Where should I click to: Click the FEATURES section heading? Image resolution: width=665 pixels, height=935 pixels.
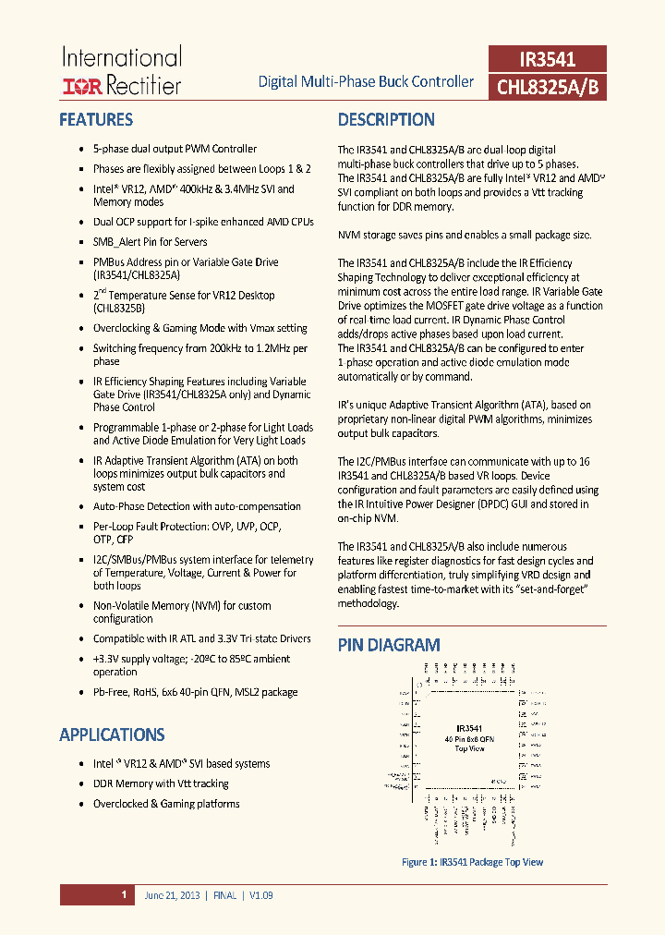pyautogui.click(x=96, y=119)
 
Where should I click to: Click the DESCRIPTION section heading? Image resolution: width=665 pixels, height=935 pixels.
pyautogui.click(x=386, y=119)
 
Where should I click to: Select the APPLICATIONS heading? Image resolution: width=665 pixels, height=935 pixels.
pyautogui.click(x=112, y=735)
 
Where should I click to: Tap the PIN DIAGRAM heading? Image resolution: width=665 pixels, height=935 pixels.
pyautogui.click(x=388, y=645)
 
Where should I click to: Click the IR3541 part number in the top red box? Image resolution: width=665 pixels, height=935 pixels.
pyautogui.click(x=547, y=60)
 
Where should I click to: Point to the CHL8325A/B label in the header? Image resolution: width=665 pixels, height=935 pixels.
pyautogui.click(x=547, y=87)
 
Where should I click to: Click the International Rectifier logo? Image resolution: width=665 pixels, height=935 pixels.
pyautogui.click(x=121, y=71)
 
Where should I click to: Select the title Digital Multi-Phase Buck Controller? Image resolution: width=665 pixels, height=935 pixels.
pyautogui.click(x=366, y=81)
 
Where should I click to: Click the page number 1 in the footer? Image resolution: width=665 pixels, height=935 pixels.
pyautogui.click(x=124, y=894)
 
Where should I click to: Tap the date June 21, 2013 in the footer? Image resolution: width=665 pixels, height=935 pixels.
pyautogui.click(x=173, y=895)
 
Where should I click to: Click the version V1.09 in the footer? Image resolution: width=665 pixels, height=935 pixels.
pyautogui.click(x=260, y=895)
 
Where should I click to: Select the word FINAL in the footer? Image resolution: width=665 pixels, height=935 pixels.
pyautogui.click(x=225, y=895)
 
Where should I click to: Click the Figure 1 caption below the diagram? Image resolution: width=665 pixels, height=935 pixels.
pyautogui.click(x=472, y=862)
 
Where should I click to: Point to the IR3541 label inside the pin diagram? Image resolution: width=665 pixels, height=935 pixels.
pyautogui.click(x=469, y=728)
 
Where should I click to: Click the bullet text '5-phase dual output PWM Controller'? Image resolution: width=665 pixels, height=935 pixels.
pyautogui.click(x=175, y=149)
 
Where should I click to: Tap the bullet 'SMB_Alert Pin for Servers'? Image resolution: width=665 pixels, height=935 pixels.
pyautogui.click(x=150, y=242)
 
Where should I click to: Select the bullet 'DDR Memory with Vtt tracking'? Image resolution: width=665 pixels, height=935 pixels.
pyautogui.click(x=161, y=783)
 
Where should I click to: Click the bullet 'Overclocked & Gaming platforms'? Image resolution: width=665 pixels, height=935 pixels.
pyautogui.click(x=166, y=804)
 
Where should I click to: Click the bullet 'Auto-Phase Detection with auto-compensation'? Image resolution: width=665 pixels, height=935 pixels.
pyautogui.click(x=197, y=506)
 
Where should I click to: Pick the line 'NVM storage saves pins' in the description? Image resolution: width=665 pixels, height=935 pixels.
pyautogui.click(x=464, y=235)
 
